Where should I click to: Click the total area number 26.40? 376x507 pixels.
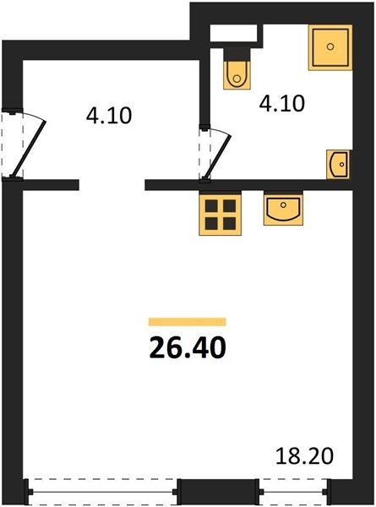[x=188, y=347]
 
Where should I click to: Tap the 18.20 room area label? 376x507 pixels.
[x=304, y=455]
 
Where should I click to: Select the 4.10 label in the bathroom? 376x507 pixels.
[x=282, y=103]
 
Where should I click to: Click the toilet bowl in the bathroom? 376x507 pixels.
[x=237, y=75]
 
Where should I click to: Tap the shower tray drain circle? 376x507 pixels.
[x=330, y=46]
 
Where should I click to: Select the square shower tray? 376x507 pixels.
[x=330, y=47]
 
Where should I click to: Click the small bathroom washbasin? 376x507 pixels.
[x=338, y=164]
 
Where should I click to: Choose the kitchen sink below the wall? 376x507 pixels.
[x=283, y=209]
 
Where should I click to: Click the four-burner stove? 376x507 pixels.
[x=221, y=215]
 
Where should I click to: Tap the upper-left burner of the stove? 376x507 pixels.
[x=211, y=205]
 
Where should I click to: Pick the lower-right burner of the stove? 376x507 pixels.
[x=229, y=223]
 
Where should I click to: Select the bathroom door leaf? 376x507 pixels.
[x=217, y=155]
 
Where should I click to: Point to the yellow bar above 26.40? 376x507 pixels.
[x=188, y=322]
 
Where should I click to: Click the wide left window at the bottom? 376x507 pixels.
[x=102, y=492]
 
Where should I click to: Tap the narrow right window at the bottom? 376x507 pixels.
[x=294, y=492]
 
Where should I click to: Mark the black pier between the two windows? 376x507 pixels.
[x=218, y=492]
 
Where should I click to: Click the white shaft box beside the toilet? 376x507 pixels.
[x=233, y=33]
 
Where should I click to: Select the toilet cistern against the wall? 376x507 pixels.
[x=237, y=55]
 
